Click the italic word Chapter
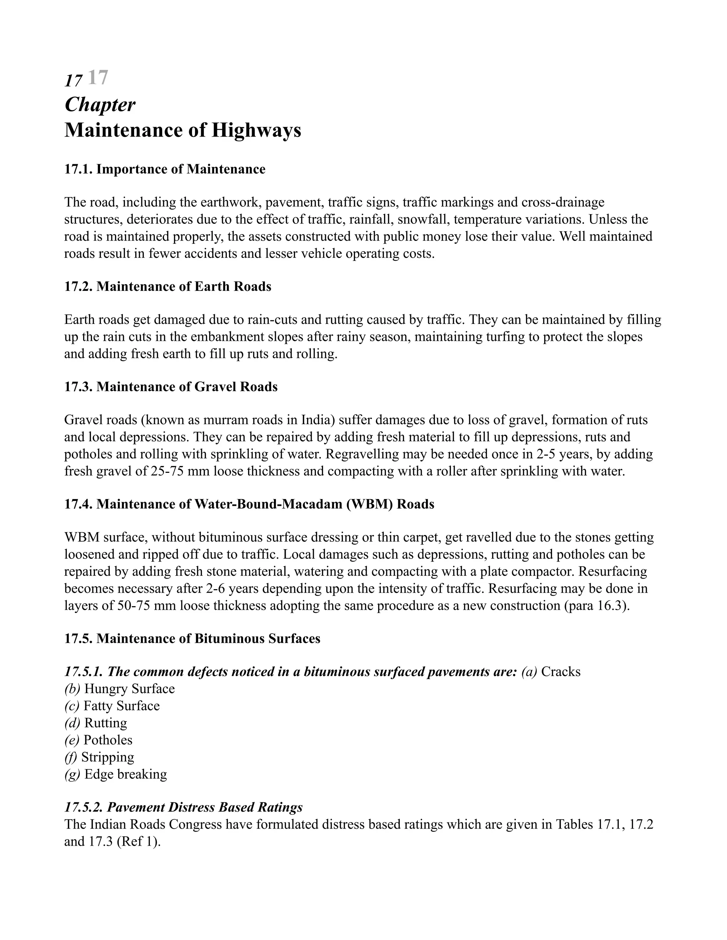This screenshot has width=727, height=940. tap(100, 105)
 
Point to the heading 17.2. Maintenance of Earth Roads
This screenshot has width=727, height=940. tap(168, 286)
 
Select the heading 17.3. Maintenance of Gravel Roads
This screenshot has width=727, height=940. tap(170, 387)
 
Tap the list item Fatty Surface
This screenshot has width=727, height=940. tap(121, 706)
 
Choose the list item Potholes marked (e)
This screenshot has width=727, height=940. tap(108, 740)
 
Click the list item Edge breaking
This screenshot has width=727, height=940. tap(125, 774)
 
